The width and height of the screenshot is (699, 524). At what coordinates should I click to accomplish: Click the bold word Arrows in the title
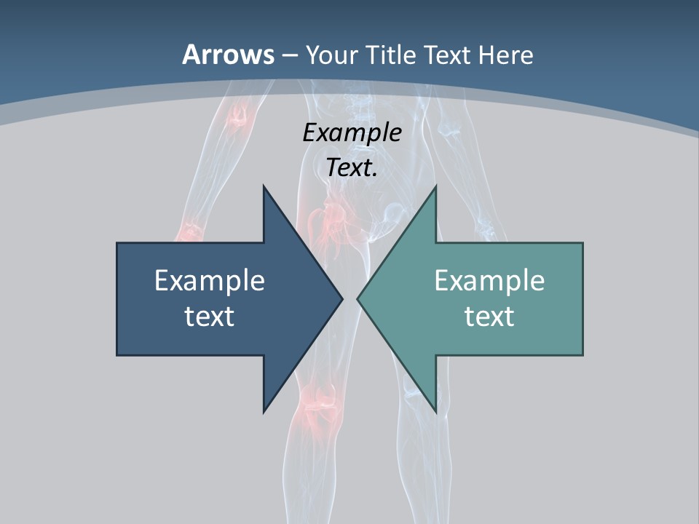pos(228,55)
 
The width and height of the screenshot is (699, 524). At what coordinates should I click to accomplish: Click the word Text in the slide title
pos(448,55)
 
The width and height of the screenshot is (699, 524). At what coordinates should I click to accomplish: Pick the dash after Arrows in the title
pos(290,56)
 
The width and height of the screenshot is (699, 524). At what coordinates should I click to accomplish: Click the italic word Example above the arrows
pos(352,132)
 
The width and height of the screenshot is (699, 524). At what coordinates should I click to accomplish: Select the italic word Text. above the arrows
pos(352,167)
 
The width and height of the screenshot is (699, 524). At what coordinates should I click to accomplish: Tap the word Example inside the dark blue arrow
pos(210,280)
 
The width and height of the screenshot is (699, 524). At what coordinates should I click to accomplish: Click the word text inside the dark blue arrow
pos(210,316)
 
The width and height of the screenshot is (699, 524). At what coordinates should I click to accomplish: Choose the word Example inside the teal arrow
pos(489,280)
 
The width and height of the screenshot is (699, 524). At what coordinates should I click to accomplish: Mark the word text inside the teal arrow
pos(489,316)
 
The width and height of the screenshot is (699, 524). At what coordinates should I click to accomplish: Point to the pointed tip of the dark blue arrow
pos(342,298)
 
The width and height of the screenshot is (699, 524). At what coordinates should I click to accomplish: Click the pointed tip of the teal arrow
pos(358,298)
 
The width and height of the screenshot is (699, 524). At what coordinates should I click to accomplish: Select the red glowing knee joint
pos(319,400)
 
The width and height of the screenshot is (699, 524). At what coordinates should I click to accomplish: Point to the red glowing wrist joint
pos(191,231)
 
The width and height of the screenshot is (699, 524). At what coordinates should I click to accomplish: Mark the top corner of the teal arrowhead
pos(435,186)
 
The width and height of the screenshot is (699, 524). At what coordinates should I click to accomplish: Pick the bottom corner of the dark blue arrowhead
pos(264,412)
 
